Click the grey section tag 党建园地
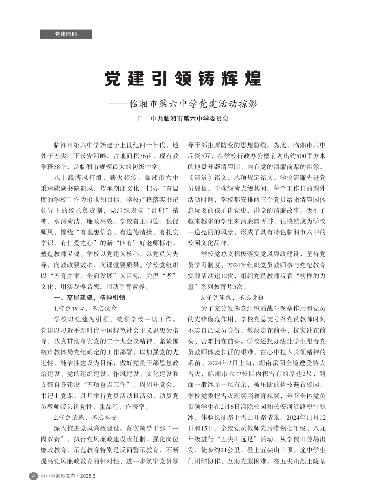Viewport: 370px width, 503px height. (x=66, y=34)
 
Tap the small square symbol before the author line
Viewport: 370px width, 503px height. (x=141, y=119)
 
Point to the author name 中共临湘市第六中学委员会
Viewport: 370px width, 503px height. (x=189, y=119)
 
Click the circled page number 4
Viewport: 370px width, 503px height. (x=33, y=476)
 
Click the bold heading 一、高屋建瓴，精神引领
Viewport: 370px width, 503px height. (x=90, y=297)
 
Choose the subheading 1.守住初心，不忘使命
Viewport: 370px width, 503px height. (x=85, y=308)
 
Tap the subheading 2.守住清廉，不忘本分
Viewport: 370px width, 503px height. (x=85, y=417)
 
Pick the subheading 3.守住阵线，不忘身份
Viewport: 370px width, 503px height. (x=232, y=297)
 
